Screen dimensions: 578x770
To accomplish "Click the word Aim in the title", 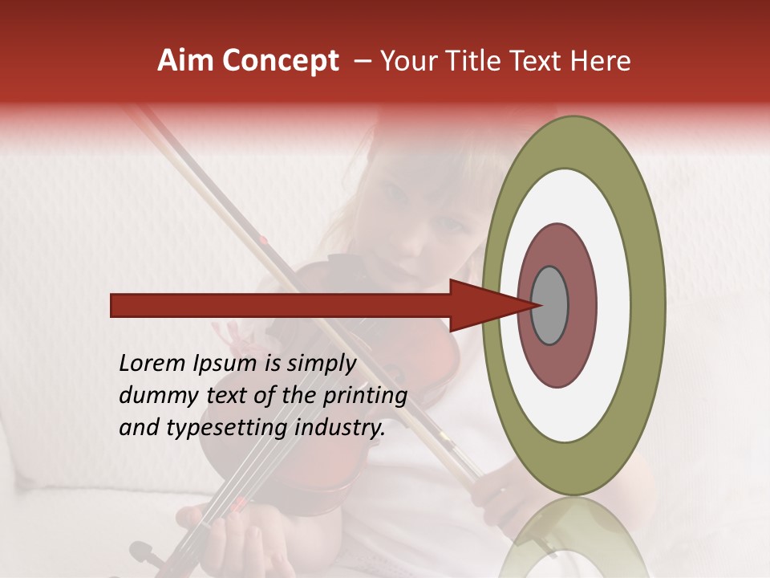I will tap(186, 61).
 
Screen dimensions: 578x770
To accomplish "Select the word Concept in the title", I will tap(281, 61).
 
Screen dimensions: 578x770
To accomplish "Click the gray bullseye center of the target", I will tap(550, 305).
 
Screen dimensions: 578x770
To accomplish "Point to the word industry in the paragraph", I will tap(340, 428).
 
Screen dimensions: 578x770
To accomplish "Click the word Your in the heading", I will tap(406, 61).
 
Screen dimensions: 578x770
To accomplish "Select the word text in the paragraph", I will tap(227, 396).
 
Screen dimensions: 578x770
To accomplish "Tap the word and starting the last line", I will tap(139, 428).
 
